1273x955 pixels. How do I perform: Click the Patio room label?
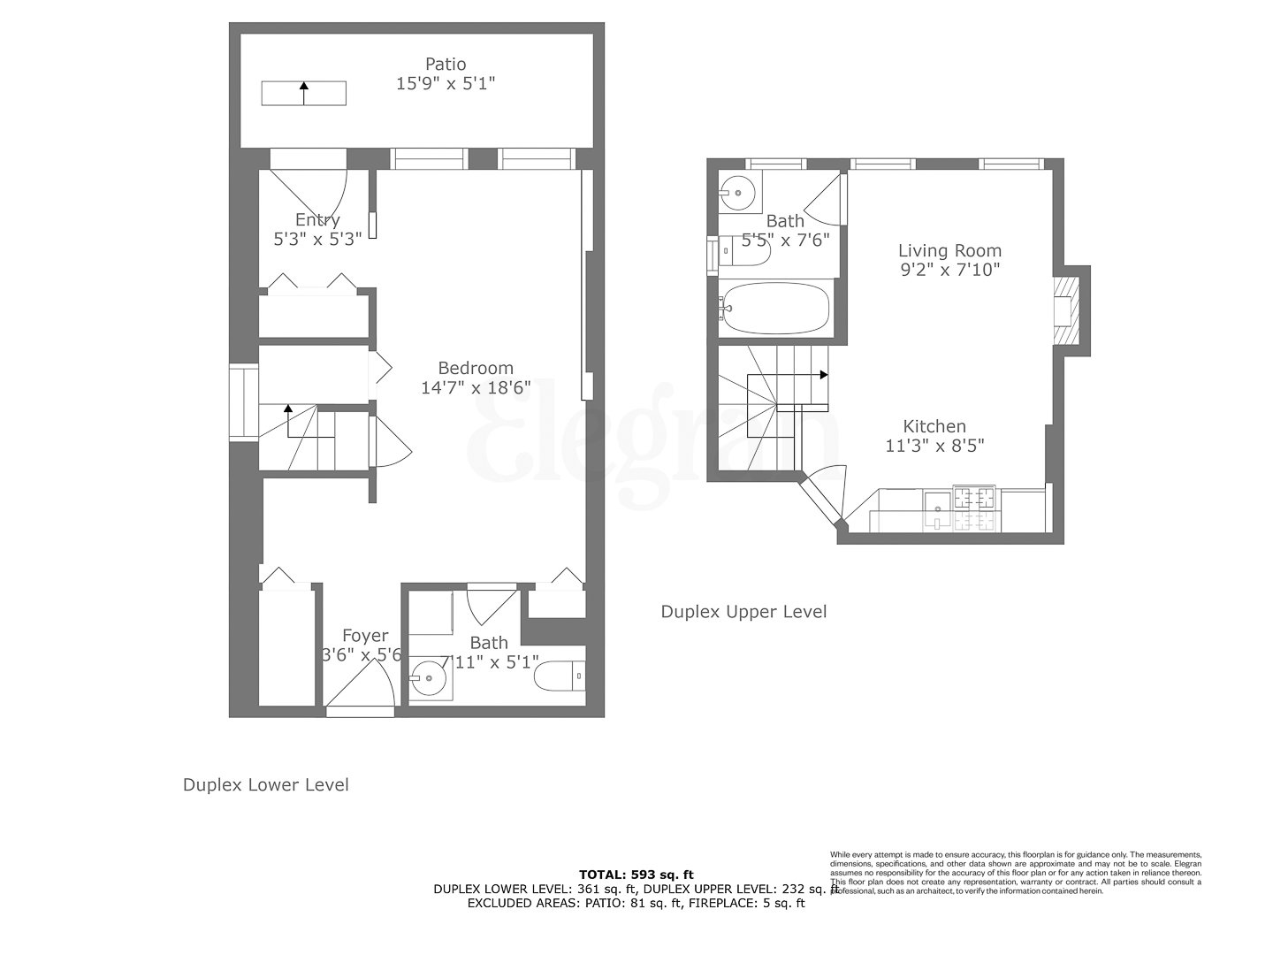446,64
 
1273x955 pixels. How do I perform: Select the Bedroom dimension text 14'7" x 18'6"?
476,387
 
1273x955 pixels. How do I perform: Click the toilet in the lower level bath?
562,676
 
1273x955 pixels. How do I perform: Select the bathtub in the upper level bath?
774,309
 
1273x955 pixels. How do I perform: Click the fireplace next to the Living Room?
1067,309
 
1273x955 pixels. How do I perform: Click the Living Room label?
949,250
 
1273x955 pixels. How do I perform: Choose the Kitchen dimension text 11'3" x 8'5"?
934,446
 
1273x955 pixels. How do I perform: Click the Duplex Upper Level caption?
743,611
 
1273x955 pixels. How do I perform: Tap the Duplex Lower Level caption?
265,784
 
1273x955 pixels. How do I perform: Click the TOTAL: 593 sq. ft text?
636,875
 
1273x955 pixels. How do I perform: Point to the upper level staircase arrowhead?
824,375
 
